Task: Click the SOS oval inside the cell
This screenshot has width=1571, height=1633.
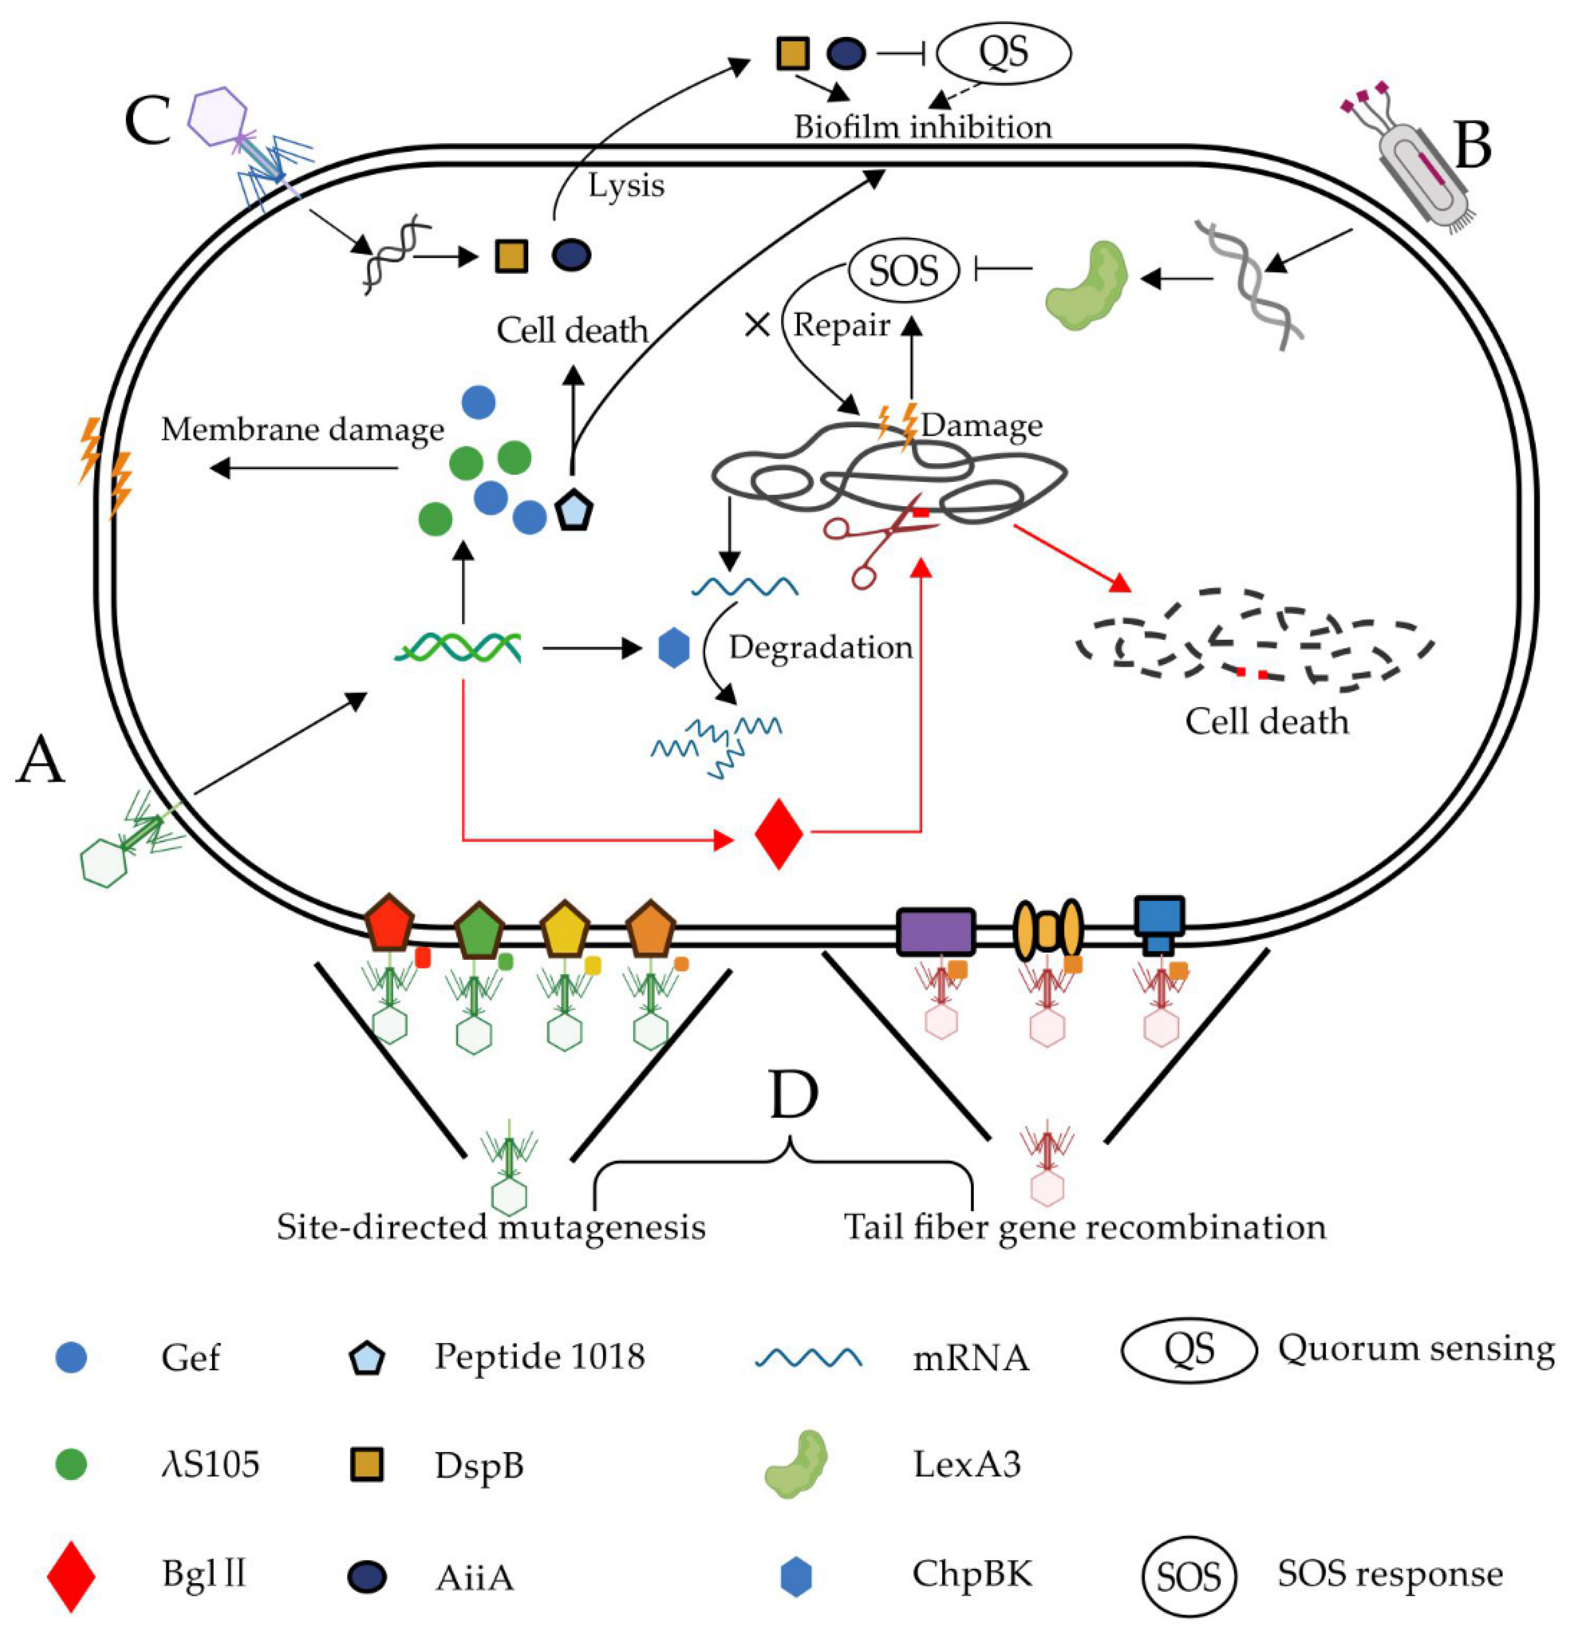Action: point(904,271)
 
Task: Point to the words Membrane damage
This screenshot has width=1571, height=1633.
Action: point(303,430)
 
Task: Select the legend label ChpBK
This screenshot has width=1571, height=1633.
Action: point(971,1575)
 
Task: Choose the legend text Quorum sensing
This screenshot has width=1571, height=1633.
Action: point(1415,1348)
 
